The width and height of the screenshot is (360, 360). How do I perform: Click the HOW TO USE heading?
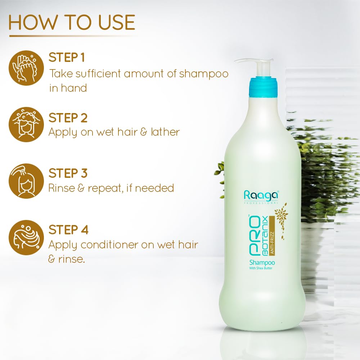tap(72, 22)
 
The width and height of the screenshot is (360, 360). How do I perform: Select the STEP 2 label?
tap(68, 118)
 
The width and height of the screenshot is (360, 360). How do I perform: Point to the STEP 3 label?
tap(68, 173)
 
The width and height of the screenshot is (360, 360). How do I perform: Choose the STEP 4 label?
tap(68, 229)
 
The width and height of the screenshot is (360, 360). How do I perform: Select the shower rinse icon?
tap(26, 181)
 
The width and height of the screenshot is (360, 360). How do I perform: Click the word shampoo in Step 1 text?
tap(204, 74)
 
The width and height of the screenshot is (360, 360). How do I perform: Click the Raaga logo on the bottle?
tap(261, 195)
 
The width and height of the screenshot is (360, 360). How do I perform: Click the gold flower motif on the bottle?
tap(281, 218)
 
